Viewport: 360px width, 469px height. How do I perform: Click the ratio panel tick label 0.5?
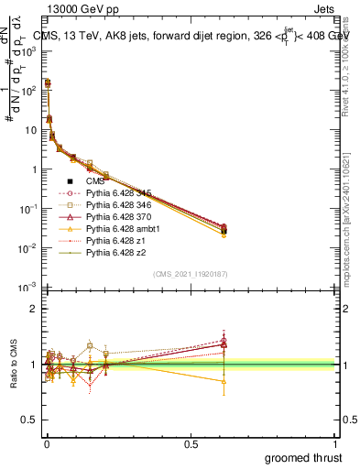click(x=30, y=420)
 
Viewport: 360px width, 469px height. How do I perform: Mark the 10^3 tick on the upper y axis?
click(x=29, y=52)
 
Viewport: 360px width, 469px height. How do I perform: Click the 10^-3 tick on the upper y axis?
click(x=29, y=288)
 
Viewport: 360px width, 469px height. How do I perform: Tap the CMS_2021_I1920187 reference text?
click(x=190, y=272)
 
